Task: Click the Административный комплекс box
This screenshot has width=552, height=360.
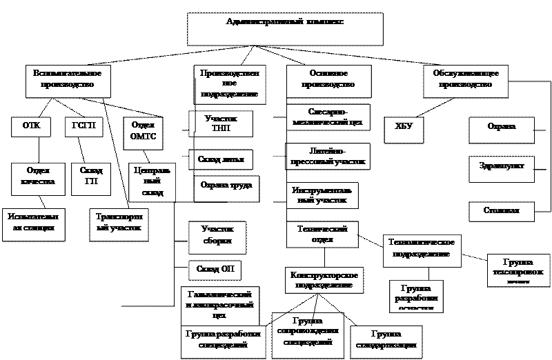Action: tap(285, 29)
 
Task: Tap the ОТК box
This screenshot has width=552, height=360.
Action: tap(32, 126)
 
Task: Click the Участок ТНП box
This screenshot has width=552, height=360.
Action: tap(221, 123)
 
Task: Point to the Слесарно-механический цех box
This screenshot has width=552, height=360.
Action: tap(328, 117)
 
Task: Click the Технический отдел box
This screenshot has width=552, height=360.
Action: tap(322, 234)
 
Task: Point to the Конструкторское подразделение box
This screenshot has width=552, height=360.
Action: tap(324, 280)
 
